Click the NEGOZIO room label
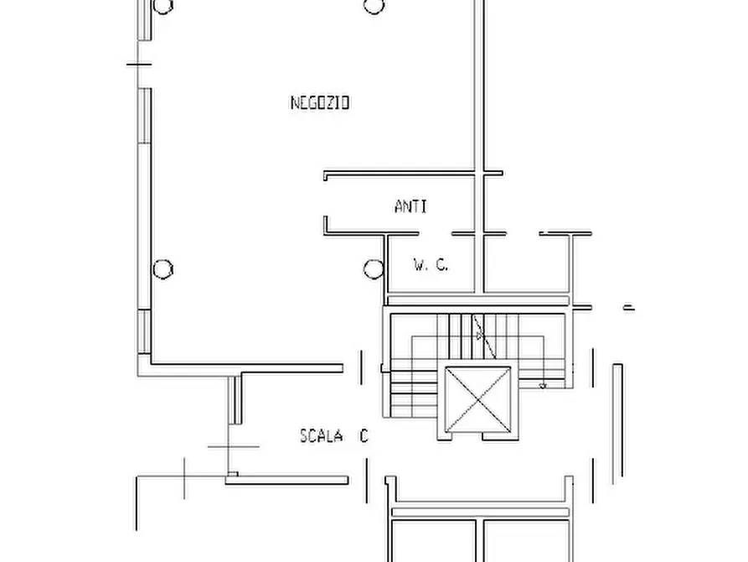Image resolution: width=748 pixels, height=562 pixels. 320,102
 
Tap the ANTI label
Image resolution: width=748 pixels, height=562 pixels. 410,206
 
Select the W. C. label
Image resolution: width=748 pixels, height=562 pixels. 431,264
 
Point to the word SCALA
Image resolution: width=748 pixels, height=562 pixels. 321,436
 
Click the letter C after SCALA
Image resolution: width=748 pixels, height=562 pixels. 364,436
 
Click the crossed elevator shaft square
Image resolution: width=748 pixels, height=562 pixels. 477,399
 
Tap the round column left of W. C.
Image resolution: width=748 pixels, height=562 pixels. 374,268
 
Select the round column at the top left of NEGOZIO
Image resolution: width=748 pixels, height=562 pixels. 163,6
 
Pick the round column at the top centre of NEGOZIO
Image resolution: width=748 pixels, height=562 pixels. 374,6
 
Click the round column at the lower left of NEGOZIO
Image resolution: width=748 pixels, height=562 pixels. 163,268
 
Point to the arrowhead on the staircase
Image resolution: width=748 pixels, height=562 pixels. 479,336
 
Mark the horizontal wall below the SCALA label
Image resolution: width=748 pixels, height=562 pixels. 286,481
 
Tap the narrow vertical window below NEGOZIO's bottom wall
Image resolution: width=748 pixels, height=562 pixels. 235,399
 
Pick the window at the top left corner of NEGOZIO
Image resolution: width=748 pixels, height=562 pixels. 145,20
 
